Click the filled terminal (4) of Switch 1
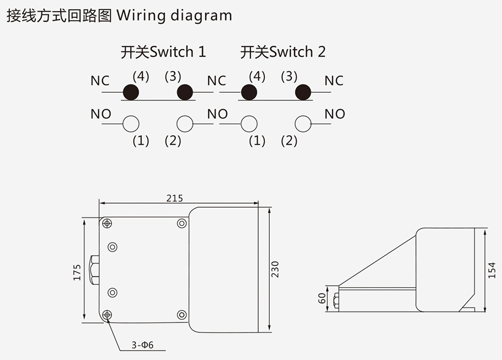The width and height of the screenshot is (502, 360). click(x=131, y=92)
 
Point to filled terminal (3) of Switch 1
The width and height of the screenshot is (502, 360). click(x=185, y=92)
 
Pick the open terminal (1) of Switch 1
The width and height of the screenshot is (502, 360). click(x=131, y=124)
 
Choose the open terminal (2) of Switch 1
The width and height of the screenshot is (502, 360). click(x=185, y=124)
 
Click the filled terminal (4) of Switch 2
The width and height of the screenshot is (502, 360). click(x=249, y=92)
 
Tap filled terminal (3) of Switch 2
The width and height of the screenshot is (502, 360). click(x=303, y=92)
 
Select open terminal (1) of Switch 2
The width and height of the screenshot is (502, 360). click(x=249, y=124)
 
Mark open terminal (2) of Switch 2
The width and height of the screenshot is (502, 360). click(x=303, y=124)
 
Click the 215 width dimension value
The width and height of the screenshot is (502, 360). click(x=174, y=198)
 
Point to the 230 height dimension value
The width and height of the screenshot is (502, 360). click(x=276, y=268)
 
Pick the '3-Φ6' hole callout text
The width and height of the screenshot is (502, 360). click(x=142, y=346)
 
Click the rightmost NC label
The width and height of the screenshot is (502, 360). click(x=334, y=81)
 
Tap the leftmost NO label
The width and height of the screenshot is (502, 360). click(x=101, y=114)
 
